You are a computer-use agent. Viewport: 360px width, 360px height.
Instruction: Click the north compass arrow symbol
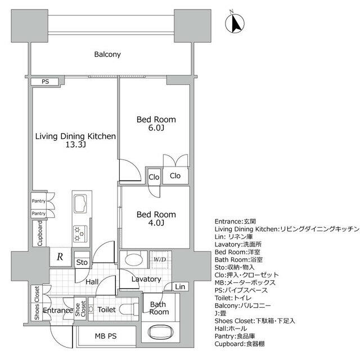[x=236, y=24]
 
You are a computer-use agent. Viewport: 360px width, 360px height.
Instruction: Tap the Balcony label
[x=108, y=55]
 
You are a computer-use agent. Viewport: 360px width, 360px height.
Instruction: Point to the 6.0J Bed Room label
[x=156, y=124]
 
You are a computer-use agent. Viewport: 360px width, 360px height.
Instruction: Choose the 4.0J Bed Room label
[x=156, y=219]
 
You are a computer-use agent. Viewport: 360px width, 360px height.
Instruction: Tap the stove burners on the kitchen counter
[x=79, y=232]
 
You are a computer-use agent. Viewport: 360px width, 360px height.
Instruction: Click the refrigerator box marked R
[x=60, y=256]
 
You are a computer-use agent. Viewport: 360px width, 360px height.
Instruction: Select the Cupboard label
[x=40, y=233]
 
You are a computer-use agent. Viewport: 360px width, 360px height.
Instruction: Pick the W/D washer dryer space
[x=160, y=260]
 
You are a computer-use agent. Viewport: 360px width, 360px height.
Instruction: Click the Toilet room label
[x=107, y=310]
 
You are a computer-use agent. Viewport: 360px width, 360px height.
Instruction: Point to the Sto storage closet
[x=82, y=263]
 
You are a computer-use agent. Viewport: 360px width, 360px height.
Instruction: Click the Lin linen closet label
[x=179, y=287]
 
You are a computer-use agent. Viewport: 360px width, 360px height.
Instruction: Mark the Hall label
[x=93, y=281]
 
